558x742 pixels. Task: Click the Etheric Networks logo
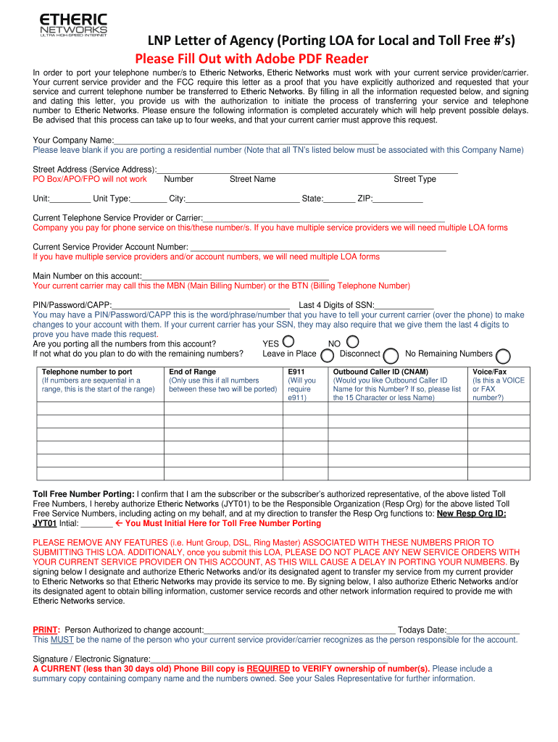point(73,25)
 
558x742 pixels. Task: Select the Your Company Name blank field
point(246,139)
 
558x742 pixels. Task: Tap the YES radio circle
point(288,341)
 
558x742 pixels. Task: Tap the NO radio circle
point(353,341)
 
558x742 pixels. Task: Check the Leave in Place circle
point(328,355)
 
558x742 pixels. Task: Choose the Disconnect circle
point(391,355)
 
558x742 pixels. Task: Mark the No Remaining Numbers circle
point(503,355)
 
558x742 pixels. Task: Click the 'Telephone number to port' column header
point(87,372)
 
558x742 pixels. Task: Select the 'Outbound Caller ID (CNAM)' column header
point(380,372)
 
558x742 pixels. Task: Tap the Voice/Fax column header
point(490,372)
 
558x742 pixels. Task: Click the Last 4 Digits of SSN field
point(404,304)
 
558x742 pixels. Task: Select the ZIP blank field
point(397,199)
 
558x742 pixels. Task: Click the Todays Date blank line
point(483,630)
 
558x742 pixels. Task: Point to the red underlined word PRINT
point(46,630)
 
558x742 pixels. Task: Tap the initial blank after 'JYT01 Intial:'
point(96,523)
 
